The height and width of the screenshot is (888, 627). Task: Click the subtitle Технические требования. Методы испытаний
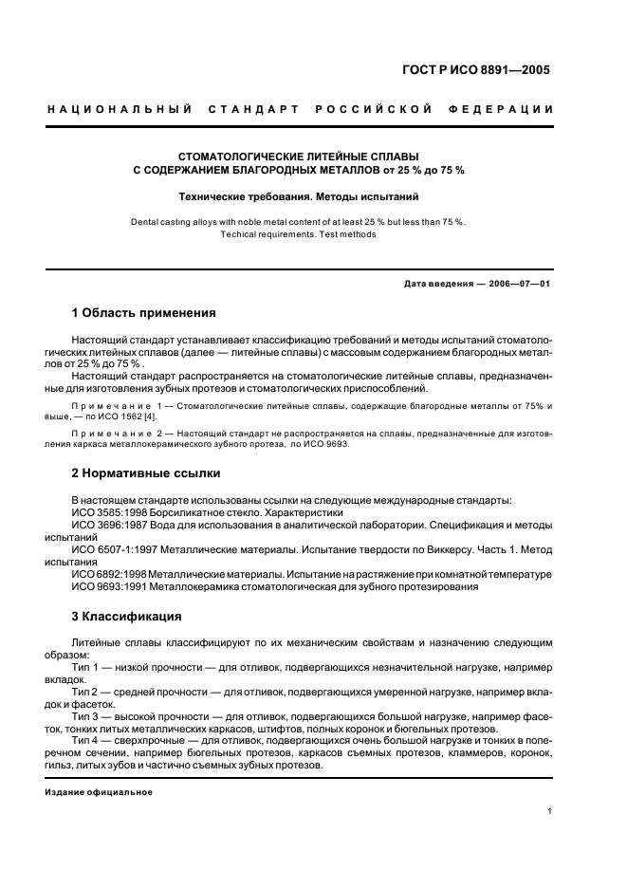[x=299, y=197]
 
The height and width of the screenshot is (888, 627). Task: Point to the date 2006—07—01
[x=519, y=284]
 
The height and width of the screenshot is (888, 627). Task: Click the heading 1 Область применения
[x=143, y=312]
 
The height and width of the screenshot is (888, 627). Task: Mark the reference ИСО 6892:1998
[x=109, y=574]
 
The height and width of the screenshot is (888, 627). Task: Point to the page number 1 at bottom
[x=549, y=811]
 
